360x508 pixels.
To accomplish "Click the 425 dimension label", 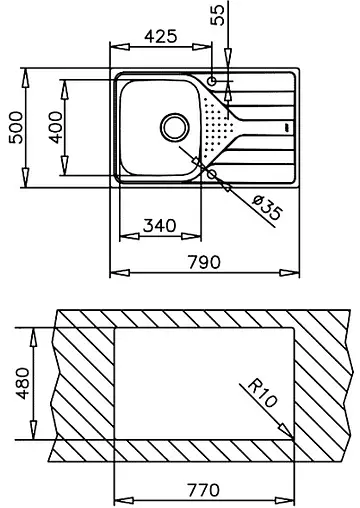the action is click(x=161, y=36).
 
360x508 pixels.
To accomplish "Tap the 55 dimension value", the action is click(x=218, y=15).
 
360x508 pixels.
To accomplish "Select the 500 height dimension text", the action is click(x=16, y=128).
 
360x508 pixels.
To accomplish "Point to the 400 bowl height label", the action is click(x=56, y=127).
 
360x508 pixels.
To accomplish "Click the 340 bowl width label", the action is click(x=160, y=226).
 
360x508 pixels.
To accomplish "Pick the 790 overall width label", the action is click(x=204, y=262).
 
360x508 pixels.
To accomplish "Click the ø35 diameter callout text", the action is click(x=267, y=208).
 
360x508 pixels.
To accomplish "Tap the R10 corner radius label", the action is click(x=263, y=394).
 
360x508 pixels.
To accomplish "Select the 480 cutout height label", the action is click(x=23, y=383).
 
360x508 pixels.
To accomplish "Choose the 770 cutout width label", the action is click(x=204, y=490).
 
